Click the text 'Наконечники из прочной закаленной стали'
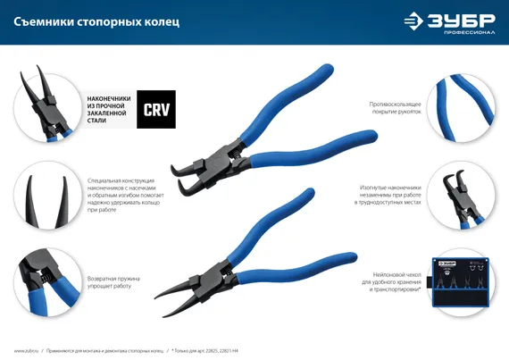[109, 112]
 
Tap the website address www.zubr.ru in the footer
[27, 351]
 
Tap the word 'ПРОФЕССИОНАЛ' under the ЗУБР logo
[458, 29]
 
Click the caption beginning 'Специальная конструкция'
[116, 197]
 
